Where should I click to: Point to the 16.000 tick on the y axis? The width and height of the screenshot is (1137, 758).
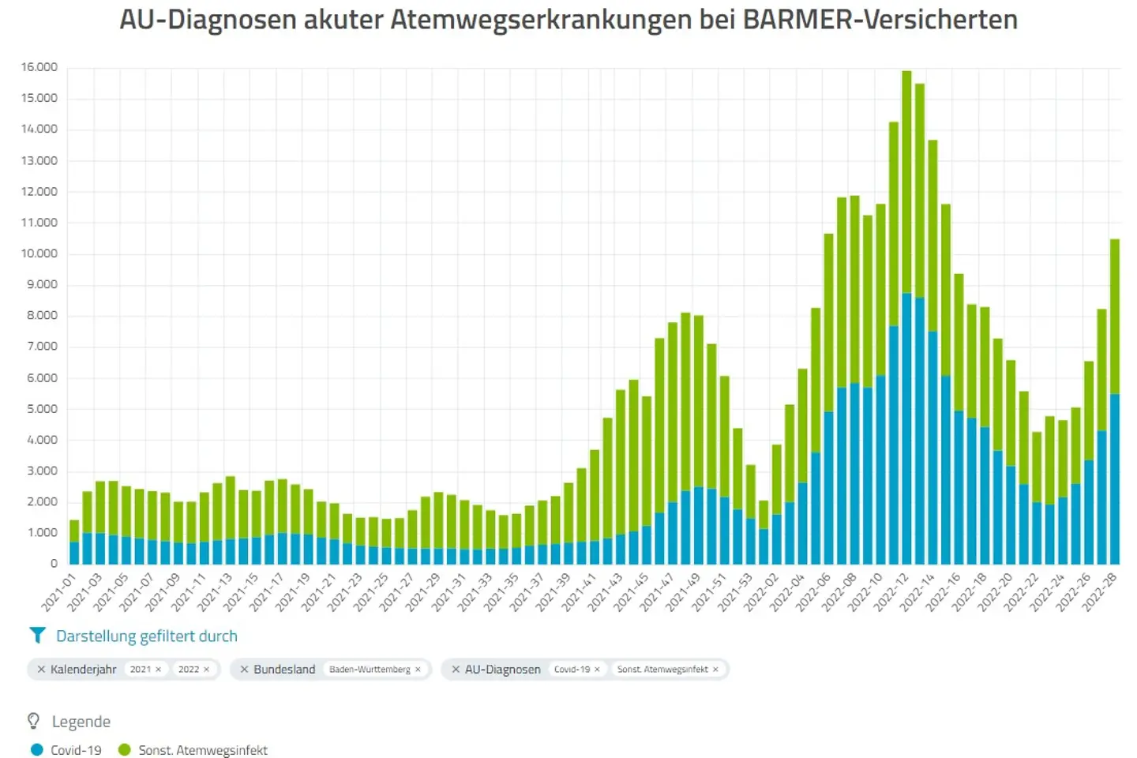click(x=39, y=67)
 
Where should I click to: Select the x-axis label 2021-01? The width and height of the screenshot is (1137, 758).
click(x=58, y=592)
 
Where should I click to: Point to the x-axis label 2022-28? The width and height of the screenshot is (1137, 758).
click(x=1099, y=592)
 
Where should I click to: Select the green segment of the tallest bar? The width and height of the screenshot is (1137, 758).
click(x=906, y=182)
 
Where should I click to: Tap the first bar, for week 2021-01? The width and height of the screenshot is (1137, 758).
click(x=74, y=545)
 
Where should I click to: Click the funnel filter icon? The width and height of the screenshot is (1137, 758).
click(x=36, y=636)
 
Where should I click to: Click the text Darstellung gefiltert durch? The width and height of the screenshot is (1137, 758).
click(x=147, y=636)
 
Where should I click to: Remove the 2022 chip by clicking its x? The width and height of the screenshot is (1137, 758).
click(x=207, y=670)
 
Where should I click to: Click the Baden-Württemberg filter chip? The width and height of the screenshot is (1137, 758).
click(x=370, y=670)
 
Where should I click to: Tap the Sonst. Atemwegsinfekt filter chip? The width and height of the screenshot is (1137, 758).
click(x=662, y=670)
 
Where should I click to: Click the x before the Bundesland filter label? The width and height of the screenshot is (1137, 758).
click(x=244, y=670)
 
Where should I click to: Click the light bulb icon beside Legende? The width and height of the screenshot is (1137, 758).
click(x=34, y=722)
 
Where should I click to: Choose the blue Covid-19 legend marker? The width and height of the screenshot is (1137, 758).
click(x=36, y=750)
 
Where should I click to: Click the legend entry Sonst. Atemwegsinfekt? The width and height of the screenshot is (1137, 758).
click(x=203, y=750)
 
